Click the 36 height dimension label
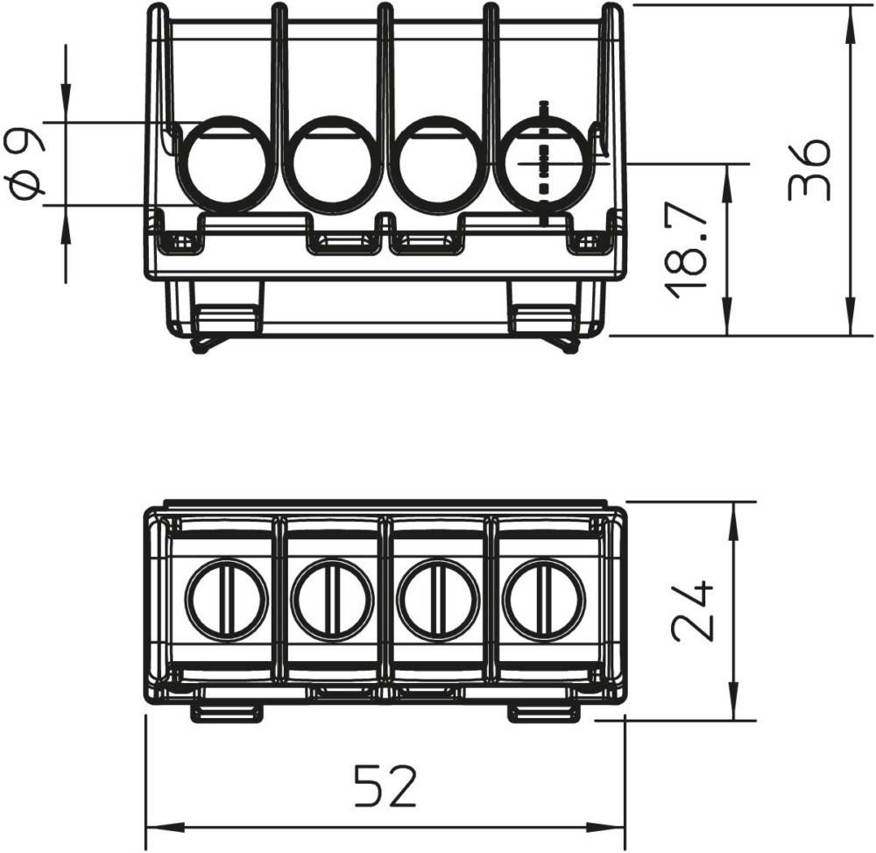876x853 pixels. click(809, 170)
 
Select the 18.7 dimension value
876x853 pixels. click(686, 248)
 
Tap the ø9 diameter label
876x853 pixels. click(26, 164)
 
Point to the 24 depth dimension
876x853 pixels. click(692, 610)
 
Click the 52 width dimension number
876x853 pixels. click(386, 785)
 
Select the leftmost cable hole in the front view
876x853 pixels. click(226, 164)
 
